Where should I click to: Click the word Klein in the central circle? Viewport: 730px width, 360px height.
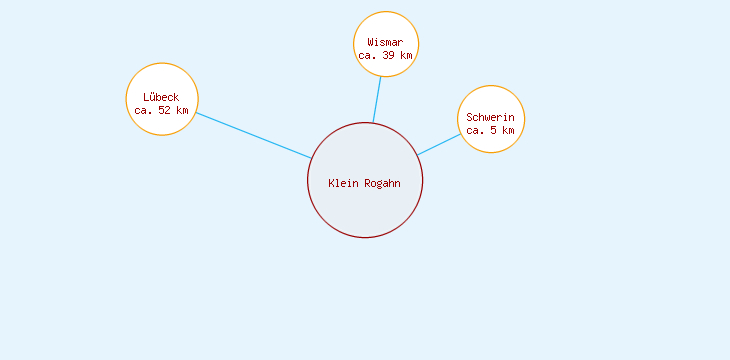343,182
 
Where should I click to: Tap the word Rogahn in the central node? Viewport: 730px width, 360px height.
382,182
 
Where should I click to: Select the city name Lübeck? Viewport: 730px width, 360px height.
161,96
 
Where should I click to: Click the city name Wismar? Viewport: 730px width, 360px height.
385,42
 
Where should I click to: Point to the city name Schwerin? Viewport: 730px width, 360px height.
490,117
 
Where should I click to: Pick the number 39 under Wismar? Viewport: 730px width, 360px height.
389,56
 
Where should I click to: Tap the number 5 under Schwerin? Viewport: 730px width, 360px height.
494,131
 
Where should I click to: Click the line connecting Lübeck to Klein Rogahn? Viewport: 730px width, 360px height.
253,135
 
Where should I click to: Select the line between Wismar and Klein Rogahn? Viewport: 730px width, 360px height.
377,99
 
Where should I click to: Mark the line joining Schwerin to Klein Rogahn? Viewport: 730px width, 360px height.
440,143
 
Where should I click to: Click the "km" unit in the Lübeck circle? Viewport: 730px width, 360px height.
181,110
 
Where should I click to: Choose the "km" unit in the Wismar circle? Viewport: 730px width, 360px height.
405,56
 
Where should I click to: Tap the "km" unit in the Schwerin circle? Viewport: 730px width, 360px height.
508,131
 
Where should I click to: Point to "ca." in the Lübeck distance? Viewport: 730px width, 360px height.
143,110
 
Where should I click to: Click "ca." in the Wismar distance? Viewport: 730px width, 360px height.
367,56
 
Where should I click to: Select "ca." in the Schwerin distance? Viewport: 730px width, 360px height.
475,131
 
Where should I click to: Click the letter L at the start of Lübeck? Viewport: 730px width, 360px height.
146,96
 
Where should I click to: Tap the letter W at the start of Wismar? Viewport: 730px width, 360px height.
370,42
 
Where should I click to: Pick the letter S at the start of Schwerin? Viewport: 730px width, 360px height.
469,117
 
